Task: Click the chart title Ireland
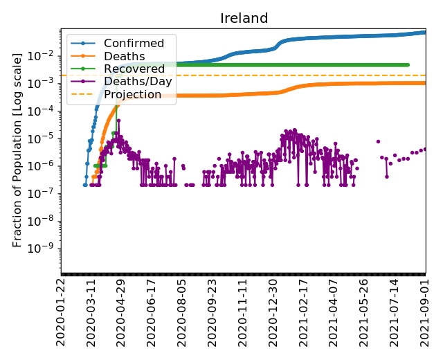tap(244, 18)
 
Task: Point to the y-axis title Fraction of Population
tap(18, 150)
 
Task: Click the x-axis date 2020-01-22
tap(62, 312)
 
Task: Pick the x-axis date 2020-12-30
tap(275, 312)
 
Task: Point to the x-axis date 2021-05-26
tap(365, 312)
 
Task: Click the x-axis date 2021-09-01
tap(426, 312)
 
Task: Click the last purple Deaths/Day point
tap(426, 148)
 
